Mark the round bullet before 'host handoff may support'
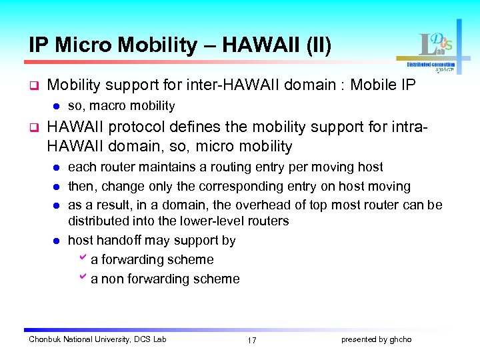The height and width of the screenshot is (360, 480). point(57,241)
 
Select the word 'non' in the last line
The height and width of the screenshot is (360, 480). point(111,279)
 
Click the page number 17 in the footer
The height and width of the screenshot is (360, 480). point(251,340)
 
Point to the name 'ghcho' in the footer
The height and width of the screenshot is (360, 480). point(400,339)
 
